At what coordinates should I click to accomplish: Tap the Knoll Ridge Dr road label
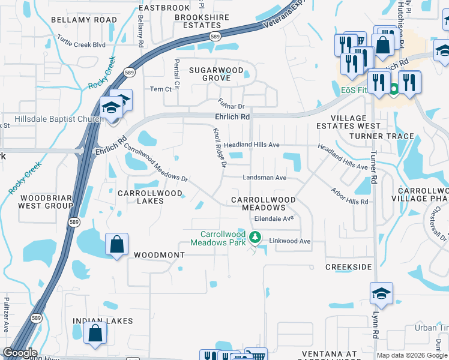tap(219, 148)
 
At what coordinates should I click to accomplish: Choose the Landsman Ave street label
tap(264, 178)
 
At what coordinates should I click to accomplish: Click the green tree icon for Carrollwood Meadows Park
tap(255, 238)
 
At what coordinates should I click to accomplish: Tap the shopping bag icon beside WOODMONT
tap(116, 245)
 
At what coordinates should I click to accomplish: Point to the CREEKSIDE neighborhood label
tap(349, 266)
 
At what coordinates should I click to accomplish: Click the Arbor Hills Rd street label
tap(349, 197)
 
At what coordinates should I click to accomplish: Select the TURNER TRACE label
tap(390, 136)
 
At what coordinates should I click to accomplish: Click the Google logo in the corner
tap(20, 353)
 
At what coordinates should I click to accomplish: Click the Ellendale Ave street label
tap(274, 219)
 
